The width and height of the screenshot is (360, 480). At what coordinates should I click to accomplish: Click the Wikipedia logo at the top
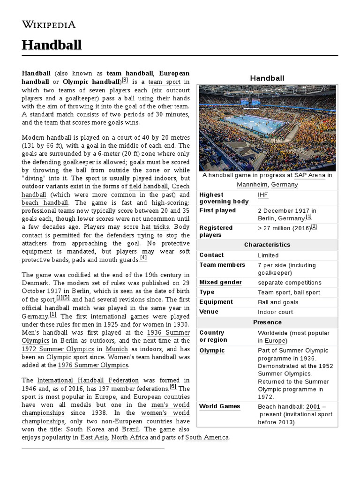click(x=49, y=24)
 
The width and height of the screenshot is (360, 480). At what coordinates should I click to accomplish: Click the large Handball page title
click(x=52, y=45)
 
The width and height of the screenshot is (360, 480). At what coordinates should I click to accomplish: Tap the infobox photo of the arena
click(x=267, y=128)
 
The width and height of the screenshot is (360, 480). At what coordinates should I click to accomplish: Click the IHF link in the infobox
click(x=263, y=195)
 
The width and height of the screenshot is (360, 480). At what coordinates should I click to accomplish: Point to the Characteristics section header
click(x=267, y=245)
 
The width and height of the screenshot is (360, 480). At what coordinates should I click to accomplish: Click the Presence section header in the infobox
click(x=267, y=322)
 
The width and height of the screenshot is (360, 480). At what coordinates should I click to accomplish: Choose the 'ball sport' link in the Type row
click(x=307, y=292)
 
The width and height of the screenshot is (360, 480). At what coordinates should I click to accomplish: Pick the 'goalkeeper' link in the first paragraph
click(x=82, y=99)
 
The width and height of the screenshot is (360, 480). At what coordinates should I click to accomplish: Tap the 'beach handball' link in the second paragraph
click(x=45, y=203)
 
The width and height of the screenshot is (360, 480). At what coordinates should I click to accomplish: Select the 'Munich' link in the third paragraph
click(x=117, y=349)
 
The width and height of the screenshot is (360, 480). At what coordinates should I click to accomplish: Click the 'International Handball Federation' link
click(x=88, y=380)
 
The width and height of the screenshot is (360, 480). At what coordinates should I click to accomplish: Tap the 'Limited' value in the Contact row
click(x=268, y=255)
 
